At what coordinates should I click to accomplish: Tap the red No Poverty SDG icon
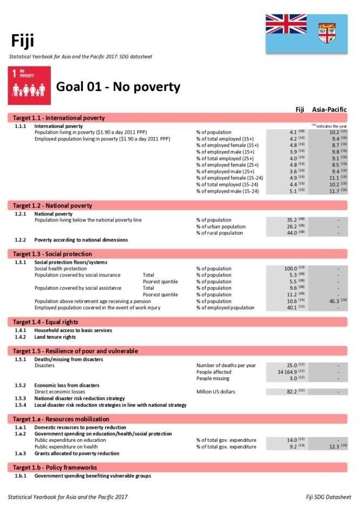click(x=29, y=86)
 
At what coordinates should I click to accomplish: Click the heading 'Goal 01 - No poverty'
click(x=118, y=87)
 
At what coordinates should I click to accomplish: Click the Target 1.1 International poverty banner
click(x=60, y=118)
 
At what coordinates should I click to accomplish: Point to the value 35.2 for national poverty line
click(x=290, y=220)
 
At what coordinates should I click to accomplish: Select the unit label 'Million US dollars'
click(x=215, y=391)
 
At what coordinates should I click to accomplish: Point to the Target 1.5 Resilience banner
click(x=75, y=351)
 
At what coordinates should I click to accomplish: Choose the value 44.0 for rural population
click(x=290, y=233)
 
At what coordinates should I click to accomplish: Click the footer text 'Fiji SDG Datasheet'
click(x=328, y=497)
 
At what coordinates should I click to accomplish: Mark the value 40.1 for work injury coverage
click(x=290, y=308)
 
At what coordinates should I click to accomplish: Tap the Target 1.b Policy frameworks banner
click(x=55, y=467)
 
